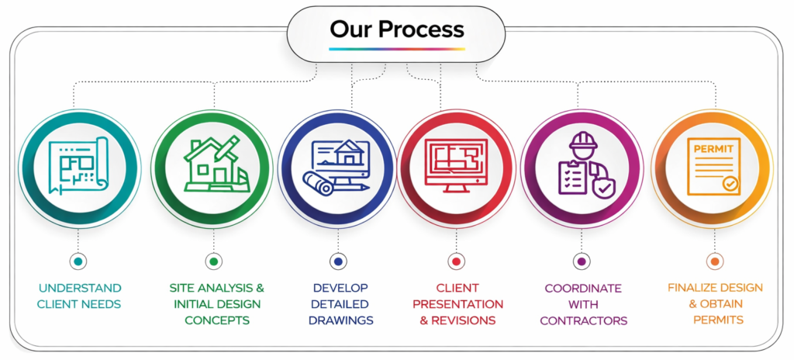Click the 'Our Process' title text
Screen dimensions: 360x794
[x=396, y=29]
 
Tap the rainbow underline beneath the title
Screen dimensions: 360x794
[x=396, y=49]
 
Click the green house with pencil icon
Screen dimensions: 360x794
[x=213, y=164]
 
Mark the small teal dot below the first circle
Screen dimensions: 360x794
[x=79, y=261]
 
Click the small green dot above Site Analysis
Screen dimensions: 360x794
[x=213, y=261]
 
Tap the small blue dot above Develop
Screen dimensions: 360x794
[x=339, y=261]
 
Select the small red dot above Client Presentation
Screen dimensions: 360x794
[x=457, y=261]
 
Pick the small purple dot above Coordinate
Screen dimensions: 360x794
[x=582, y=261]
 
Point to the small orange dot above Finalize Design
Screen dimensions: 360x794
[x=715, y=261]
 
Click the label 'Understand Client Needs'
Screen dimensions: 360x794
[x=79, y=296]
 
